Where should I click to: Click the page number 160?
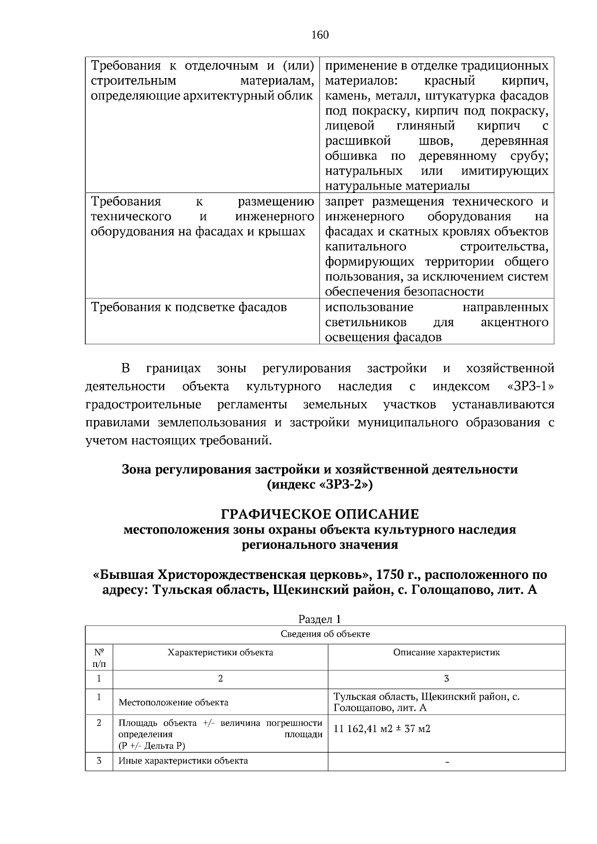click(320, 35)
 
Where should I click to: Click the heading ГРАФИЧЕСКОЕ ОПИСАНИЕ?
click(320, 513)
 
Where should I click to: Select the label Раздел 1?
click(319, 619)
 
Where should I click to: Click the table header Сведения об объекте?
click(325, 634)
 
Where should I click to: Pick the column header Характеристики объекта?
click(220, 653)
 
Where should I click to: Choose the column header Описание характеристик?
click(446, 653)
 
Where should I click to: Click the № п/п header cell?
click(99, 657)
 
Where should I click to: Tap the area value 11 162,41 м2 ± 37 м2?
click(382, 729)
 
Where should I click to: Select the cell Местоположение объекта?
click(174, 703)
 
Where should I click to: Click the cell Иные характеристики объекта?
click(183, 761)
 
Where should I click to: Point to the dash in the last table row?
click(446, 762)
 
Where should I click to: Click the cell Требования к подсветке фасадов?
click(189, 307)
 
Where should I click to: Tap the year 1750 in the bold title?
click(390, 575)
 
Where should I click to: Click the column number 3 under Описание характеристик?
click(446, 679)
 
